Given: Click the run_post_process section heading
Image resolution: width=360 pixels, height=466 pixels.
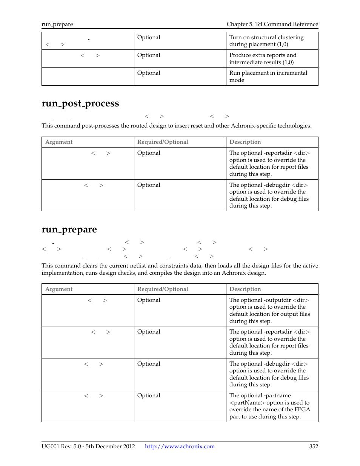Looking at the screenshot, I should pyautogui.click(x=80, y=103).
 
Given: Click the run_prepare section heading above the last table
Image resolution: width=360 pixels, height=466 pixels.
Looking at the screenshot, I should pyautogui.click(x=69, y=229).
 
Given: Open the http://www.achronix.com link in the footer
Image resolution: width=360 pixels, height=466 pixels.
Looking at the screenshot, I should pyautogui.click(x=180, y=446).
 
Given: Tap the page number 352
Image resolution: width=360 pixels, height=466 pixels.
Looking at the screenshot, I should pyautogui.click(x=314, y=446).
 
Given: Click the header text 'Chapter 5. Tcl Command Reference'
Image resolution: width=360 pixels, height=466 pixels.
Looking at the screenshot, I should pyautogui.click(x=272, y=24).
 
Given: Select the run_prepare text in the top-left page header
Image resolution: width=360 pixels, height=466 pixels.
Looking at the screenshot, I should pyautogui.click(x=57, y=24).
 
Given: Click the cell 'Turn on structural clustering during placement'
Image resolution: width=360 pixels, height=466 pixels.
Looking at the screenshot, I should pyautogui.click(x=266, y=41).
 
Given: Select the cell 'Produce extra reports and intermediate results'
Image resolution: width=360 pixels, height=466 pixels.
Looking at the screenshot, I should pyautogui.click(x=263, y=58).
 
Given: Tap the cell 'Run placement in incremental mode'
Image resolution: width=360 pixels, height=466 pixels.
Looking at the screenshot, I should pyautogui.click(x=268, y=76).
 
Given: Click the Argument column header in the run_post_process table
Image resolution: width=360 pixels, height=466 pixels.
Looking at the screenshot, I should pyautogui.click(x=59, y=142).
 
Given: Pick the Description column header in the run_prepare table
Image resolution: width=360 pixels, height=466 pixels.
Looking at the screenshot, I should pyautogui.click(x=245, y=289).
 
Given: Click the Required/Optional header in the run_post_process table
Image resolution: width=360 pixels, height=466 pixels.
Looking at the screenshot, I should pyautogui.click(x=163, y=142).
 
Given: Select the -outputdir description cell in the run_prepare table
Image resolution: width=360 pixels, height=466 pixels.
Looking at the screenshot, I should pyautogui.click(x=269, y=310).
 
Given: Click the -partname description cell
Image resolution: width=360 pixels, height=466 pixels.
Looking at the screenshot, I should pyautogui.click(x=269, y=406).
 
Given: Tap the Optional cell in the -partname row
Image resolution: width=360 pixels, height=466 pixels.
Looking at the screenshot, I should pyautogui.click(x=149, y=395).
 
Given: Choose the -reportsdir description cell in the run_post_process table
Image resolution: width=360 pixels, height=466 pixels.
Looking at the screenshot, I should pyautogui.click(x=269, y=163).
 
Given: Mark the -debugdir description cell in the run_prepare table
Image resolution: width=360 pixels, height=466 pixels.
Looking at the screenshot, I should pyautogui.click(x=269, y=374).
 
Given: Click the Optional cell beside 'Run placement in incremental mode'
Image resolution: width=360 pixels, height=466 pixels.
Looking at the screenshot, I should pyautogui.click(x=149, y=73).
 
